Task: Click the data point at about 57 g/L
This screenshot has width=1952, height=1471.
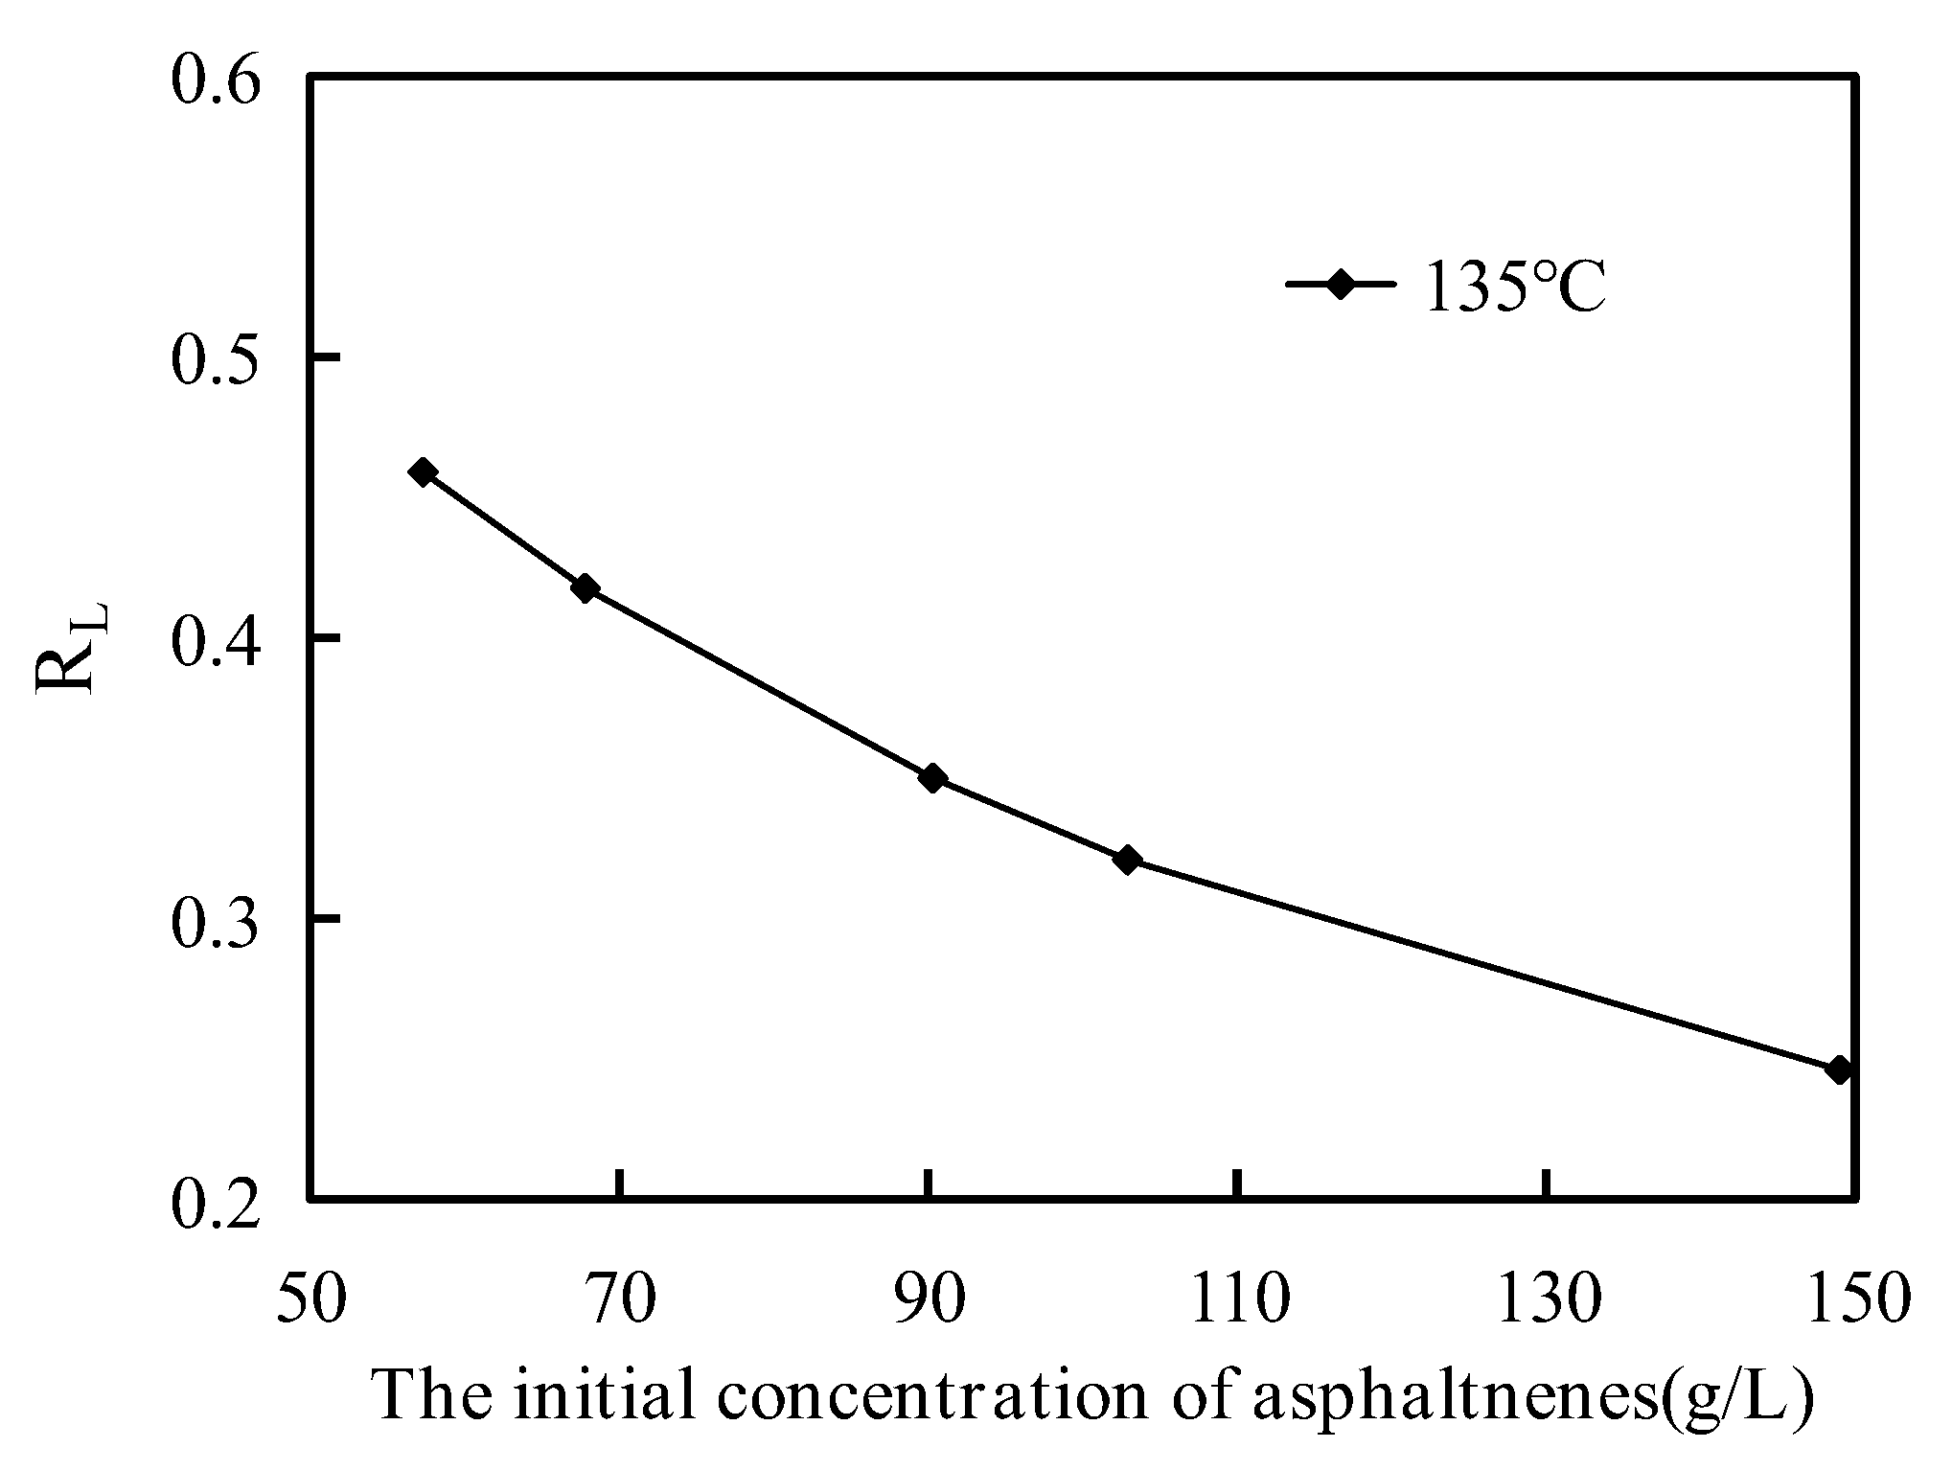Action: coord(423,471)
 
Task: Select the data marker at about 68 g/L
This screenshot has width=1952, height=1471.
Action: coord(585,588)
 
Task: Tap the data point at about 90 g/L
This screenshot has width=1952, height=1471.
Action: coord(931,777)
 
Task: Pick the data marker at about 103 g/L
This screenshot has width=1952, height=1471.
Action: coord(1128,860)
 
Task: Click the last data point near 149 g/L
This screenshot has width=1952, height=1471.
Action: coord(1838,1069)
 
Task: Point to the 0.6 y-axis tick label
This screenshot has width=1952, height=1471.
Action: coord(216,81)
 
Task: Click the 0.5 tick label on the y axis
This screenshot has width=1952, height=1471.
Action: coord(216,361)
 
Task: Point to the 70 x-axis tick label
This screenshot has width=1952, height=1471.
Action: coord(621,1299)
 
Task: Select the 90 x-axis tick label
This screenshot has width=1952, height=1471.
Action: coord(930,1299)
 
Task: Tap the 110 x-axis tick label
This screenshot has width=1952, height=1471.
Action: coord(1239,1299)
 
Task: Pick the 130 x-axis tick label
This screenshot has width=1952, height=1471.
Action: coord(1549,1299)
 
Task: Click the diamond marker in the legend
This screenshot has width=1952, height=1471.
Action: coord(1340,285)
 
